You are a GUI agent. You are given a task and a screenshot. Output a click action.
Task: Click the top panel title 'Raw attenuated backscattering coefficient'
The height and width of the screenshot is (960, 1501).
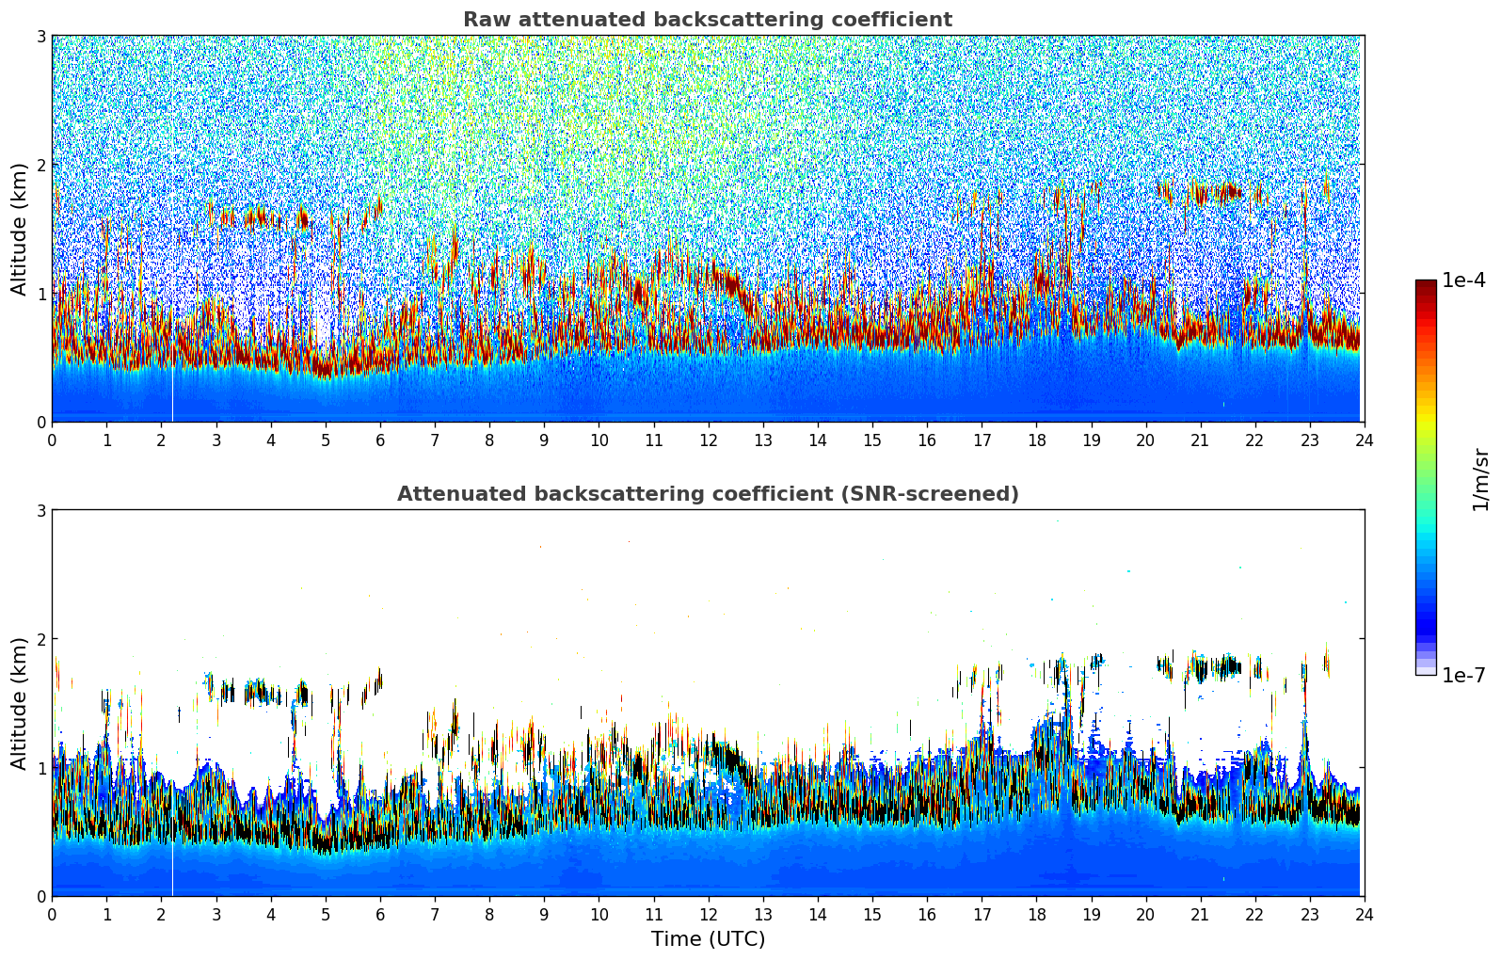707,20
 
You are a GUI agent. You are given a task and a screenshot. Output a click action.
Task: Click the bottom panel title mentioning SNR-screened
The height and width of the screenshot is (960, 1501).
707,494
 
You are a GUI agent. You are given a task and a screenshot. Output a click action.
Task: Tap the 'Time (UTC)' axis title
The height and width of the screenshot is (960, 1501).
708,938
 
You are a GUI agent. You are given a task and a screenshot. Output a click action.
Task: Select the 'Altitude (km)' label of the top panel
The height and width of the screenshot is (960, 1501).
19,229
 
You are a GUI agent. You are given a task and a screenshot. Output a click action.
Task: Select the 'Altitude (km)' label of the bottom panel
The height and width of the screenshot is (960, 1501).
19,703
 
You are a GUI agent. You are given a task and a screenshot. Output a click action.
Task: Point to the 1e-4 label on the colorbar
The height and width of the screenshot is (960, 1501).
1463,280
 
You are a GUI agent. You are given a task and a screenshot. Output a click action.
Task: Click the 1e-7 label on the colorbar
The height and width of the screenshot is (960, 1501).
1463,675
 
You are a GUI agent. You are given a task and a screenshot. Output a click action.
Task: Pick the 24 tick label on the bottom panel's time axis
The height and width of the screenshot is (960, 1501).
1364,915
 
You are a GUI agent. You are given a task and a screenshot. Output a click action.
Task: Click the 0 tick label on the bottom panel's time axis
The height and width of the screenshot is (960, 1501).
52,915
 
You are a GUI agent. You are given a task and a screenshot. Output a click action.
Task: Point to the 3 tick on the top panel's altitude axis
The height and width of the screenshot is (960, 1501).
41,36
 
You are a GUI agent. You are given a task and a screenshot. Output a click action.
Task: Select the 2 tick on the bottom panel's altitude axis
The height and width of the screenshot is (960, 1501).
41,639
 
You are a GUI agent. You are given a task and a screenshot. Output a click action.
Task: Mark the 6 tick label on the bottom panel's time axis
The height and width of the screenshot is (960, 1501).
380,915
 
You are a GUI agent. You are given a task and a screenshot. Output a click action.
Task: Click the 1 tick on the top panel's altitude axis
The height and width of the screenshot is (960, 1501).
41,294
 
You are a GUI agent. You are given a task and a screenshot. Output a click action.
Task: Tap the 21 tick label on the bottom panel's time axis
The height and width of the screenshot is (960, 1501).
1200,915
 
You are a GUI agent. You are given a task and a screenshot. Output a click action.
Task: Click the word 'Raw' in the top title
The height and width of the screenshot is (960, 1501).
485,20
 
